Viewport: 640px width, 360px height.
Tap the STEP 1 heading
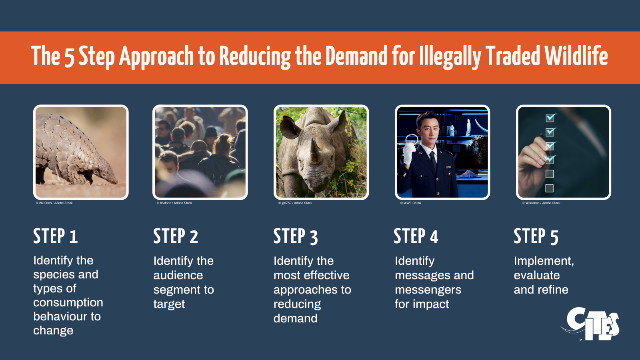(56, 236)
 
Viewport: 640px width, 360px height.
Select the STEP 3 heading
(296, 236)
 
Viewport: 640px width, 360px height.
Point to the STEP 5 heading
(536, 236)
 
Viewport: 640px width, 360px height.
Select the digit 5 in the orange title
(70, 57)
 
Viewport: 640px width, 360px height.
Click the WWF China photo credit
(410, 203)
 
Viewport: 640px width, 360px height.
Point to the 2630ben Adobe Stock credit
(54, 203)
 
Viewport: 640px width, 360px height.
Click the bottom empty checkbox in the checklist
(550, 188)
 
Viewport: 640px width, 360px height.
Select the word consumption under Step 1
(68, 302)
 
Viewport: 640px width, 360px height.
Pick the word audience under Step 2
(178, 275)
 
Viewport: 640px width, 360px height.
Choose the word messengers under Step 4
(428, 290)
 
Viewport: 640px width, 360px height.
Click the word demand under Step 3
(296, 318)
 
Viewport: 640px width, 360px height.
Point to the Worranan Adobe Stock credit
(541, 203)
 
